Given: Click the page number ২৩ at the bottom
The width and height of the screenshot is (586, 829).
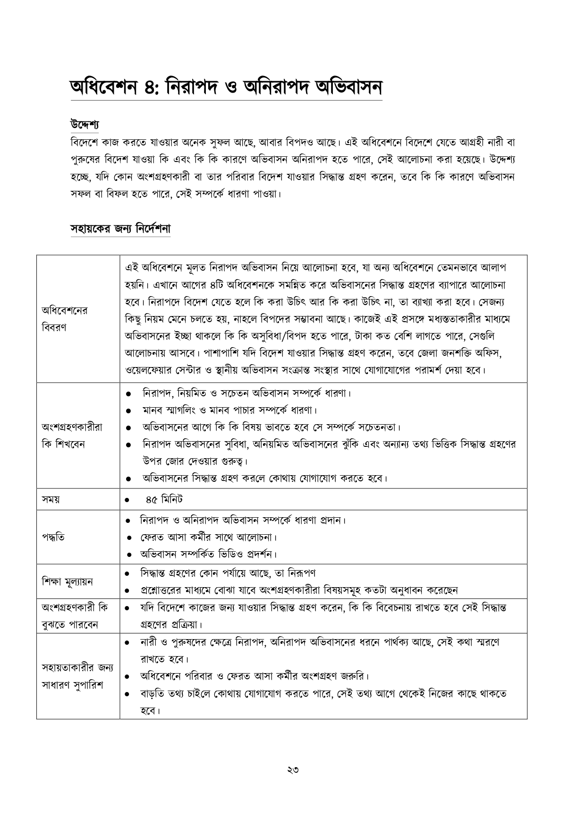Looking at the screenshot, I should (293, 770).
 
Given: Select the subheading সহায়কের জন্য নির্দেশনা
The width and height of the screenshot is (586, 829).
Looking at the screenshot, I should (120, 229).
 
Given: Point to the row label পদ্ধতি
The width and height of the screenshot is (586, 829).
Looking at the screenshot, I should (53, 537).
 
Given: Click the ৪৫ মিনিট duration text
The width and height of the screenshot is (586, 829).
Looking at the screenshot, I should (164, 499).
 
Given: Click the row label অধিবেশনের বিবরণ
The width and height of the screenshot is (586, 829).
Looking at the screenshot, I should (65, 319).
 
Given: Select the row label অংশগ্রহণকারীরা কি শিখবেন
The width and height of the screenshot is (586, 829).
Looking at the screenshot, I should (72, 436).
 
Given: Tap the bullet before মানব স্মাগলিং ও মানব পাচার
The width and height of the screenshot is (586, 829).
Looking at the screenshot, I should (128, 410).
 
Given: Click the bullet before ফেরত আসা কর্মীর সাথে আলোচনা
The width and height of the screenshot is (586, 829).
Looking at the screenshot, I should (128, 538).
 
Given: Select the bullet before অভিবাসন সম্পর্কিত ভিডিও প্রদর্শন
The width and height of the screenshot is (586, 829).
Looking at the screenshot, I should (128, 554).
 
